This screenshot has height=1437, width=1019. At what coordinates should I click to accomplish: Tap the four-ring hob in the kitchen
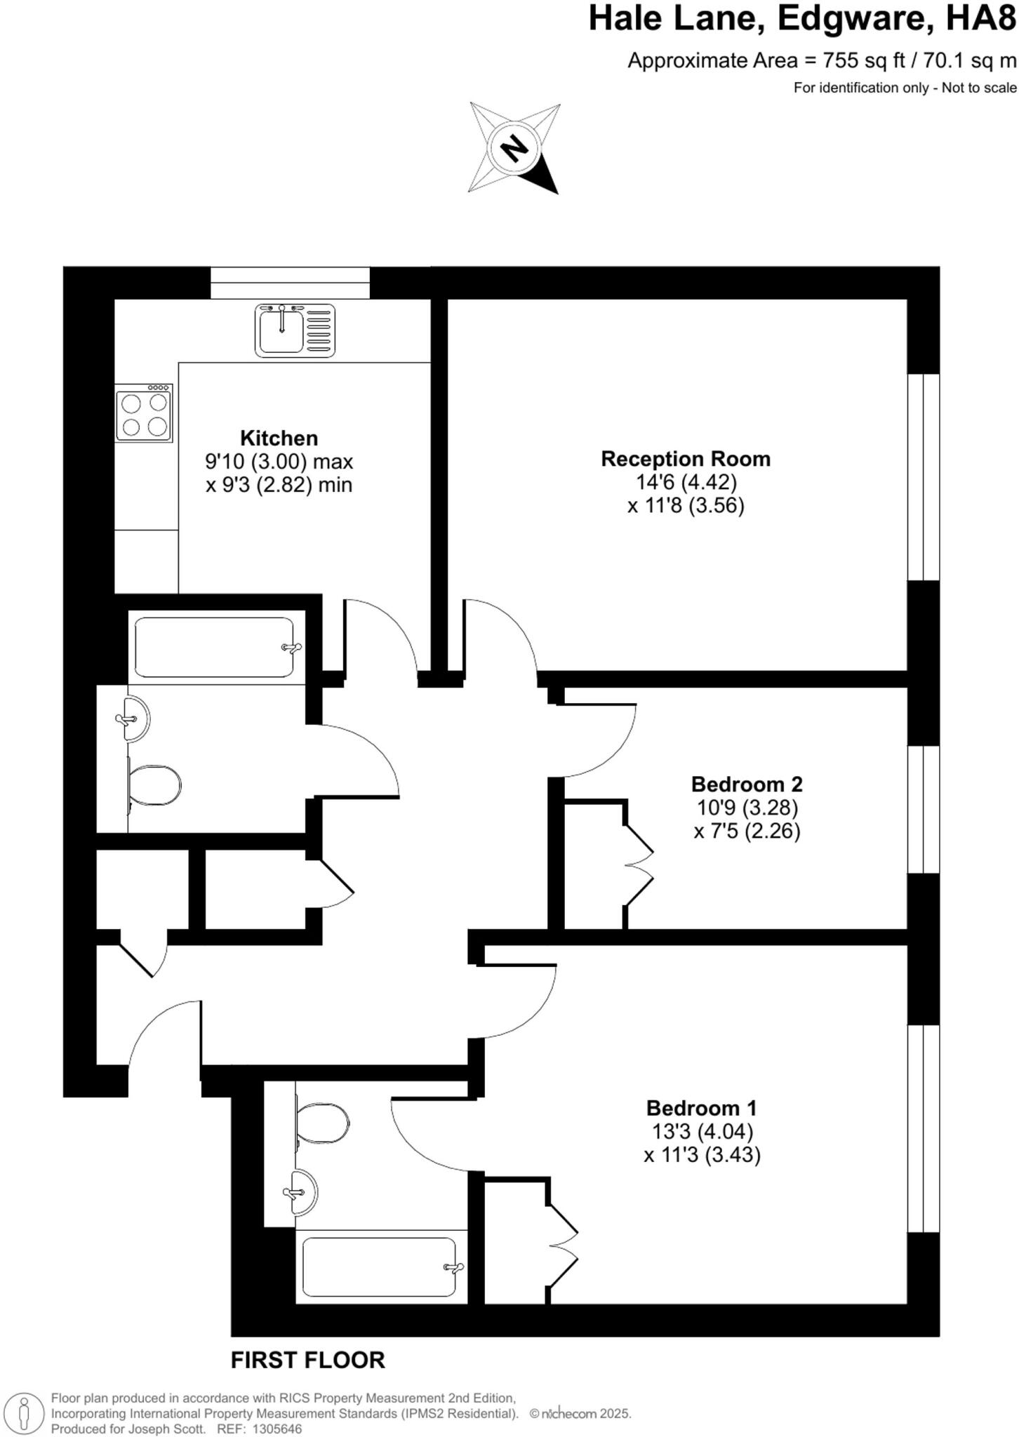[144, 413]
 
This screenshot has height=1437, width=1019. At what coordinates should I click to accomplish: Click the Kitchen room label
[279, 439]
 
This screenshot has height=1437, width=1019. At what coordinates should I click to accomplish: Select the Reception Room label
[686, 459]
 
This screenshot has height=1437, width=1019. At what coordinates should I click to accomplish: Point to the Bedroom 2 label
[747, 784]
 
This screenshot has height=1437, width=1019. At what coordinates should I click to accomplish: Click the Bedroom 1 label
[701, 1108]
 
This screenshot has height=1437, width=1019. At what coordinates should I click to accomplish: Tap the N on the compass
[515, 147]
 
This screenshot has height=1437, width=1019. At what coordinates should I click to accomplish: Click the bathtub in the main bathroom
[213, 647]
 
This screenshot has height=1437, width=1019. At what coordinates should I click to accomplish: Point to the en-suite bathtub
[379, 1266]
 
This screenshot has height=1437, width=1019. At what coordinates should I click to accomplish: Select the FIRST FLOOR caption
[308, 1360]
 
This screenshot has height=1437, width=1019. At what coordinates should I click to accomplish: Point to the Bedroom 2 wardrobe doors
[639, 865]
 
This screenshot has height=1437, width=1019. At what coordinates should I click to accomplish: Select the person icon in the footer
[25, 1412]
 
